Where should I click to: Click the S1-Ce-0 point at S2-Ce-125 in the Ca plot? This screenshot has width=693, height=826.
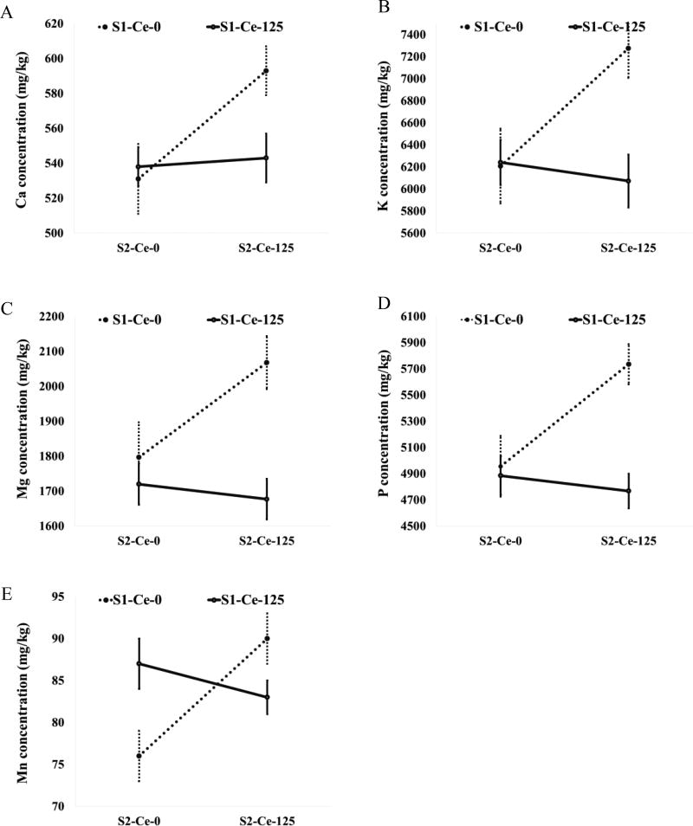(267, 71)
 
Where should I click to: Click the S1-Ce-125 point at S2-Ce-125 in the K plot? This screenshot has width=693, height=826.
(629, 181)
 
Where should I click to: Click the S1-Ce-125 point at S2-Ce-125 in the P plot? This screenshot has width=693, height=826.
(629, 491)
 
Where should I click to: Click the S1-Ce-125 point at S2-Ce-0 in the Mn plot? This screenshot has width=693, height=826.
(139, 663)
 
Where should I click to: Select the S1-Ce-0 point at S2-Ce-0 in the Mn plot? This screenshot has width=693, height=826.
(139, 756)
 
